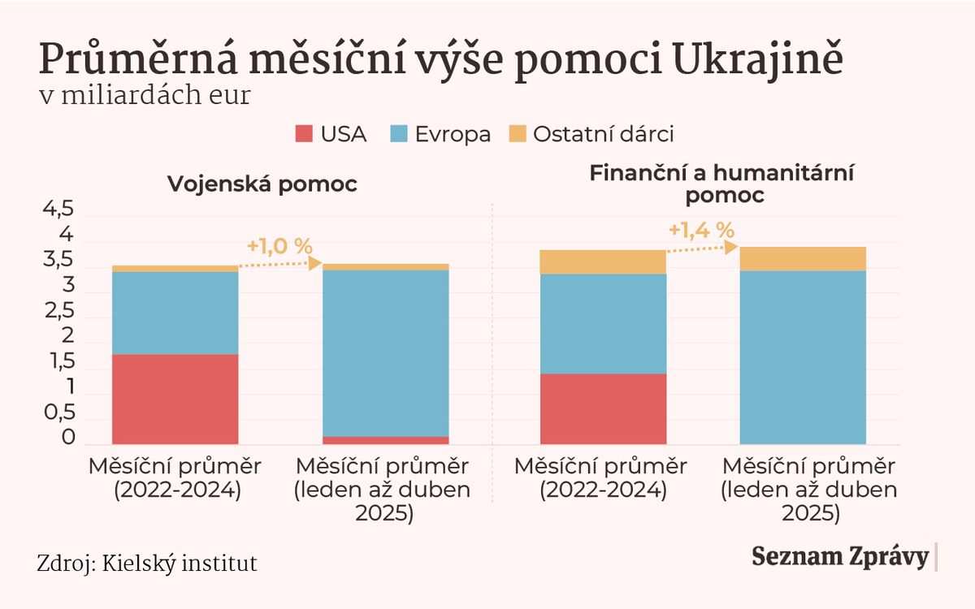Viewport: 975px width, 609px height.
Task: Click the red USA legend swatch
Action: (x=304, y=134)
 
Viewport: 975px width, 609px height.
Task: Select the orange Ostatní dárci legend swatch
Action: (x=518, y=134)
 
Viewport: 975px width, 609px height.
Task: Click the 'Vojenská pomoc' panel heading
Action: (x=262, y=184)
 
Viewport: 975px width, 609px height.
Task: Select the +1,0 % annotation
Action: (x=279, y=245)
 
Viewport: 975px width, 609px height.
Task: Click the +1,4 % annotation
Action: (x=702, y=230)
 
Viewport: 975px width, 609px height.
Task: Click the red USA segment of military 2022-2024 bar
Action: (x=175, y=399)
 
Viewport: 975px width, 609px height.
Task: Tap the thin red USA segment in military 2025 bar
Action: (x=386, y=440)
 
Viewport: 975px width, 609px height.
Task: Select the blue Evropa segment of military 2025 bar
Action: (x=386, y=352)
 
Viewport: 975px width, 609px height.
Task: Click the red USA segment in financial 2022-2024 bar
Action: (x=603, y=408)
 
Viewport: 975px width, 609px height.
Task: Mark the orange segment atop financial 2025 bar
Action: (x=803, y=258)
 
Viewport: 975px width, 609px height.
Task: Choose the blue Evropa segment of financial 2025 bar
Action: (x=803, y=357)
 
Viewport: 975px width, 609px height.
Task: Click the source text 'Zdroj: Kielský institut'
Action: (x=147, y=563)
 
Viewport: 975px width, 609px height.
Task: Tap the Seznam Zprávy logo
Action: (x=839, y=557)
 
